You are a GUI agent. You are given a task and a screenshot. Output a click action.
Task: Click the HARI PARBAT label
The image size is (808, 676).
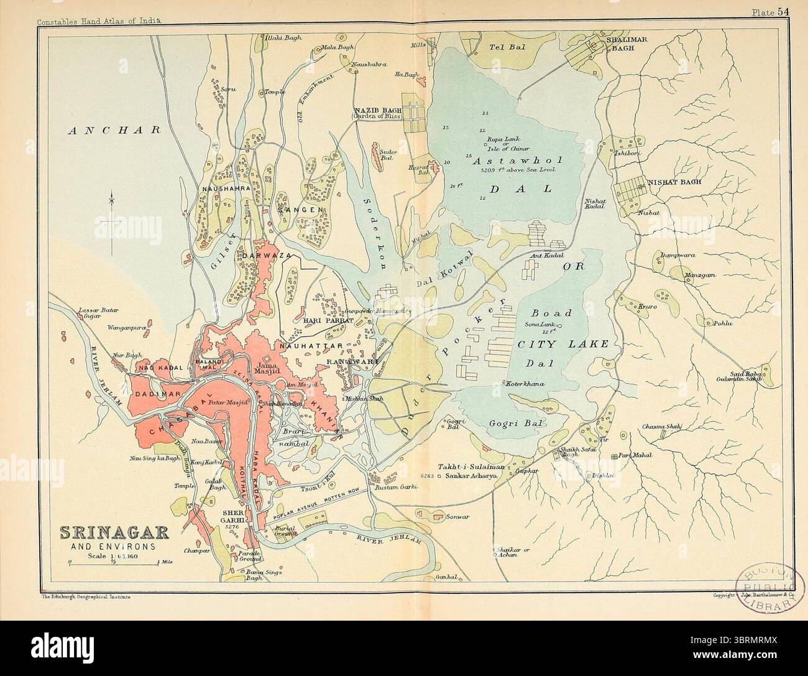pyautogui.click(x=329, y=320)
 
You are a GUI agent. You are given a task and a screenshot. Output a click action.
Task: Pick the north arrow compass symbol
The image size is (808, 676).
pyautogui.click(x=112, y=224)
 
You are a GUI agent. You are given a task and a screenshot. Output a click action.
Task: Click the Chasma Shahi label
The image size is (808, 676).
pyautogui.click(x=663, y=426)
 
